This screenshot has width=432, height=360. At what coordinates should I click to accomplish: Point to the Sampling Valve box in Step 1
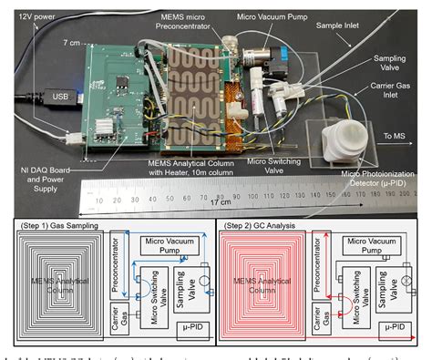pyautogui.click(x=183, y=283)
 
